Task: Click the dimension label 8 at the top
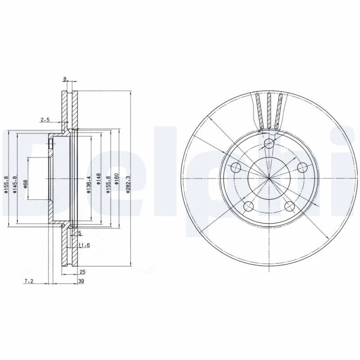click(x=65, y=79)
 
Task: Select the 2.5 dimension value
click(x=45, y=120)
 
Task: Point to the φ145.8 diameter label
click(x=15, y=184)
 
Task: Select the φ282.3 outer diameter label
click(x=128, y=184)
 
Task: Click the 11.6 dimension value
click(x=84, y=245)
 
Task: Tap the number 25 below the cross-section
click(x=82, y=271)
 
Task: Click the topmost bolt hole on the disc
click(x=269, y=144)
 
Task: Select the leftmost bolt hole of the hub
click(x=236, y=168)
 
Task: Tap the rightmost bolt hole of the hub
click(x=302, y=168)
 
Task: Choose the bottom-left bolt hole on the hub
click(x=248, y=207)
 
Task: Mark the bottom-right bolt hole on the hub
click(x=289, y=207)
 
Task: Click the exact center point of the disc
click(x=269, y=179)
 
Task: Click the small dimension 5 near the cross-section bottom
click(x=80, y=233)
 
